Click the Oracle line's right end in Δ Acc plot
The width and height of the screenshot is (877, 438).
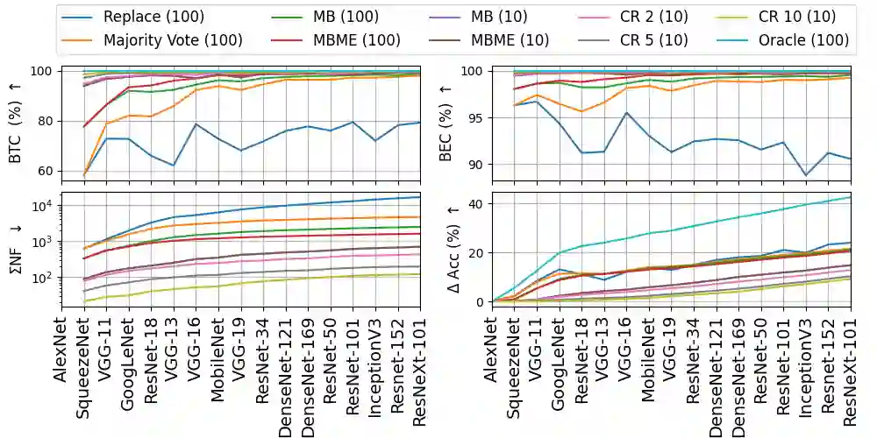tap(850, 197)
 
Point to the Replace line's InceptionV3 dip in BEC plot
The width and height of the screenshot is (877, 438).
tap(805, 175)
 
